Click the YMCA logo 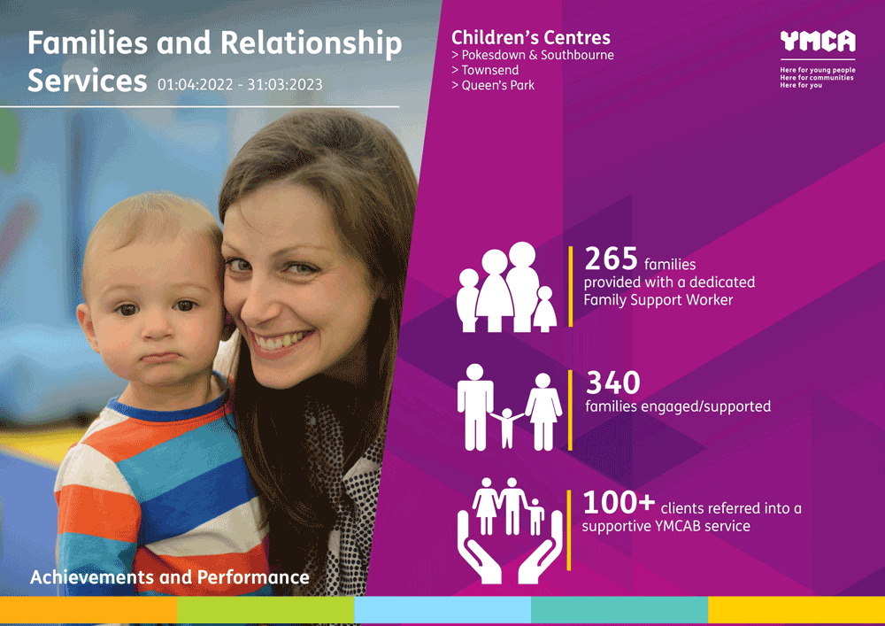[x=818, y=42]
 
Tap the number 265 [x=612, y=259]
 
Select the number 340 [x=613, y=383]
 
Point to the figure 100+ [x=619, y=502]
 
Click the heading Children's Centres [x=530, y=38]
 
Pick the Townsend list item [x=485, y=70]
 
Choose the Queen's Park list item [x=493, y=85]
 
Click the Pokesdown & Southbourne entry [x=532, y=55]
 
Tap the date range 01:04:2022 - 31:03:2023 [x=240, y=85]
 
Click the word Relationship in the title [x=311, y=43]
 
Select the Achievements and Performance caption [x=169, y=577]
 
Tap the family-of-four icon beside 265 [x=506, y=287]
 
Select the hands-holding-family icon [x=510, y=530]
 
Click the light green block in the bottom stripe [x=265, y=610]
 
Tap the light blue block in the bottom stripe [x=442, y=610]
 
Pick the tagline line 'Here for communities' [x=817, y=78]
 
